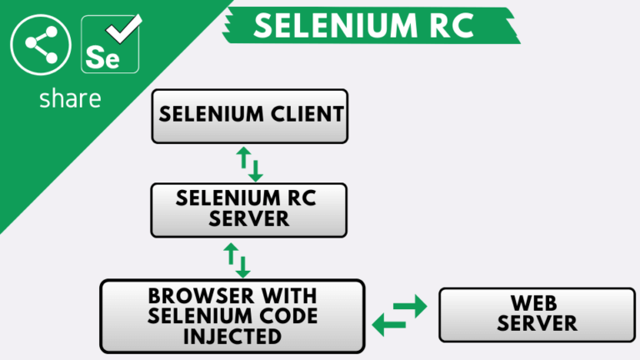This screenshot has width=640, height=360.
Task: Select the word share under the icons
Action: tap(70, 98)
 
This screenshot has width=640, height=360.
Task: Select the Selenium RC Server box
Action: tap(248, 208)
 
